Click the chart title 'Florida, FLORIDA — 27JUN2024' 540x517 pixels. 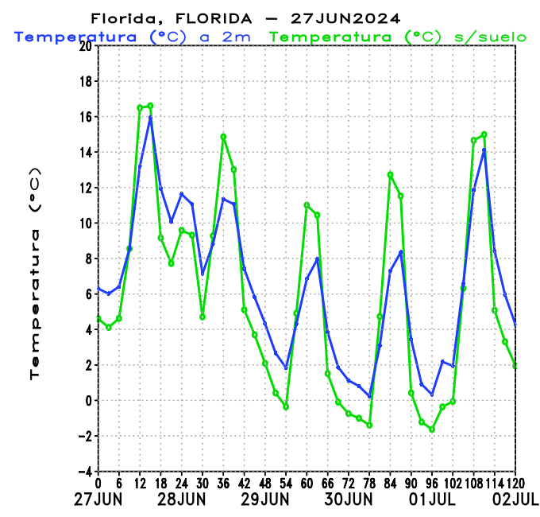point(245,17)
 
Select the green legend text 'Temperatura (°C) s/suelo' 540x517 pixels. point(398,37)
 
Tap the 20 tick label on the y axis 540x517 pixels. point(84,46)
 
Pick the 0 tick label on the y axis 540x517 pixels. point(87,401)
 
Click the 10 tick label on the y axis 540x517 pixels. point(84,224)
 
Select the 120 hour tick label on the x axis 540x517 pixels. point(515,484)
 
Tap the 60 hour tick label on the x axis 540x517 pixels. point(307,484)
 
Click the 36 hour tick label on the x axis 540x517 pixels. point(223,484)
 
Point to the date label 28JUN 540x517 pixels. point(181,500)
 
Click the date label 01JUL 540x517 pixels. point(431,500)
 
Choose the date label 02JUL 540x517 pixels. point(515,500)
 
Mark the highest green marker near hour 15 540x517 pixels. point(150,106)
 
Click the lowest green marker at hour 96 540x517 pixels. point(432,430)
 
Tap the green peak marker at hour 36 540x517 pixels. point(223,136)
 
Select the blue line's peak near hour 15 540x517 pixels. point(150,118)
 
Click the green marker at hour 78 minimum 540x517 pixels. point(369,426)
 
